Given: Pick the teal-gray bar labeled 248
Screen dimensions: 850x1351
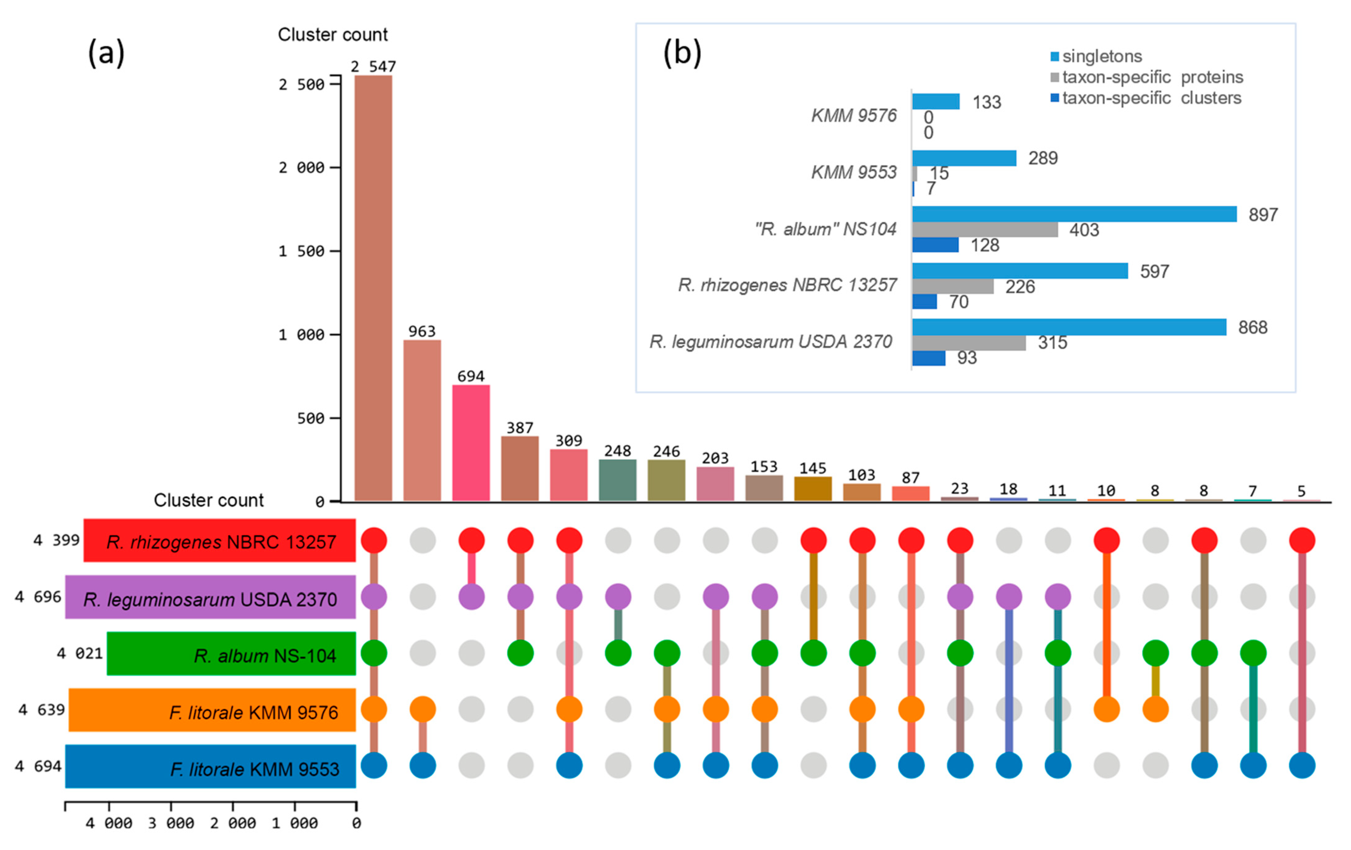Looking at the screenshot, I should (617, 480).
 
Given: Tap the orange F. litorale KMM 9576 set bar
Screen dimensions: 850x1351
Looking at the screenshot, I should (212, 710).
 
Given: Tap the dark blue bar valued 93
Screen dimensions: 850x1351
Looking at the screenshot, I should (929, 358).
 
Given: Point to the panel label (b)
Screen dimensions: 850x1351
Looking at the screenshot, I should (682, 53).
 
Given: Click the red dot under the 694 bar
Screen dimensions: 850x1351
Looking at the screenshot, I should (471, 540).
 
